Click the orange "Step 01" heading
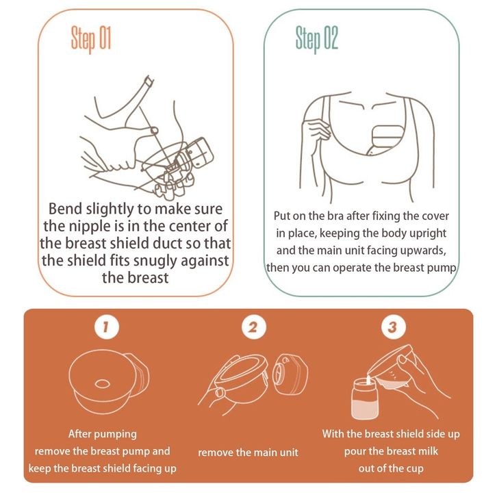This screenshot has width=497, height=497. (91, 38)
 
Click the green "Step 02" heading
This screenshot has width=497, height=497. (317, 38)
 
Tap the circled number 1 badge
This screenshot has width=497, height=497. (107, 327)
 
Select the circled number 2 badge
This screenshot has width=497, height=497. (253, 327)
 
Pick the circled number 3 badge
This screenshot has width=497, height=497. (394, 327)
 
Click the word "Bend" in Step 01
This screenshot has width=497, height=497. (66, 209)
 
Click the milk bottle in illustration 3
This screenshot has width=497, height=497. (365, 398)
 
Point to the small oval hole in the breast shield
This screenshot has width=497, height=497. (102, 384)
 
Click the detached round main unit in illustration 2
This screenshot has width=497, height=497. (290, 374)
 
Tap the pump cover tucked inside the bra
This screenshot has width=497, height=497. (385, 140)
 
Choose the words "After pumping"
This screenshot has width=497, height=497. (103, 434)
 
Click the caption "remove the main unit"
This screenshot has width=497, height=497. (248, 453)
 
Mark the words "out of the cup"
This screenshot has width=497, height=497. (391, 468)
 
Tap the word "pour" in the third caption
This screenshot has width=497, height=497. (355, 452)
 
